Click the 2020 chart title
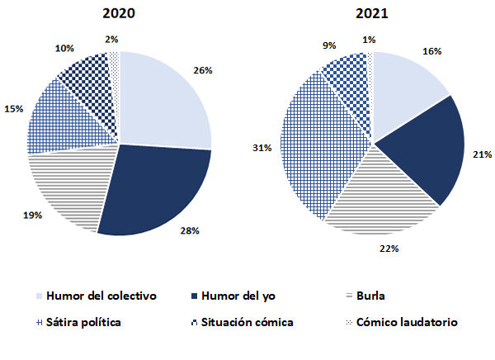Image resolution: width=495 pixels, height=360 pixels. tap(119, 14)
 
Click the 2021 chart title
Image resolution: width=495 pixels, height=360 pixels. tap(373, 14)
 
